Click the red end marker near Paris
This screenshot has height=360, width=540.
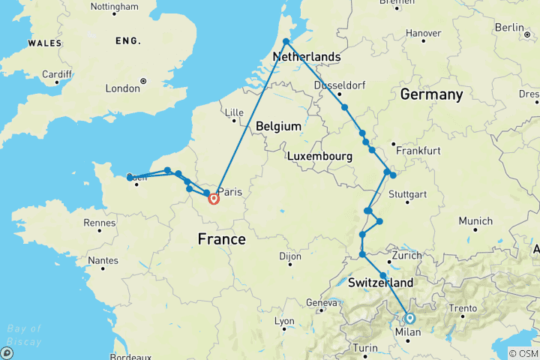(x=214, y=199)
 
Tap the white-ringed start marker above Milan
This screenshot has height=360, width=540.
(x=409, y=317)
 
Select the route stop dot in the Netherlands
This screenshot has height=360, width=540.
(x=286, y=42)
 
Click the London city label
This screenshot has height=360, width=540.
(x=122, y=88)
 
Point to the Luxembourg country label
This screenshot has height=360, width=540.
(x=320, y=156)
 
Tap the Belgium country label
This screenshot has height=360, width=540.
(x=278, y=127)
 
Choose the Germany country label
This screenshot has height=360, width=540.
(x=431, y=94)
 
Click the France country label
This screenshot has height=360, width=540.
(x=221, y=239)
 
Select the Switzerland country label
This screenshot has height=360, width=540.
(x=381, y=283)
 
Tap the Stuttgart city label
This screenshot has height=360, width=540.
(x=407, y=195)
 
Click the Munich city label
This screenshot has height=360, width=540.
(x=475, y=221)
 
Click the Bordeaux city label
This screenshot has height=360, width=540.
(x=130, y=357)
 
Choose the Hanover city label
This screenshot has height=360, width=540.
(x=423, y=33)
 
